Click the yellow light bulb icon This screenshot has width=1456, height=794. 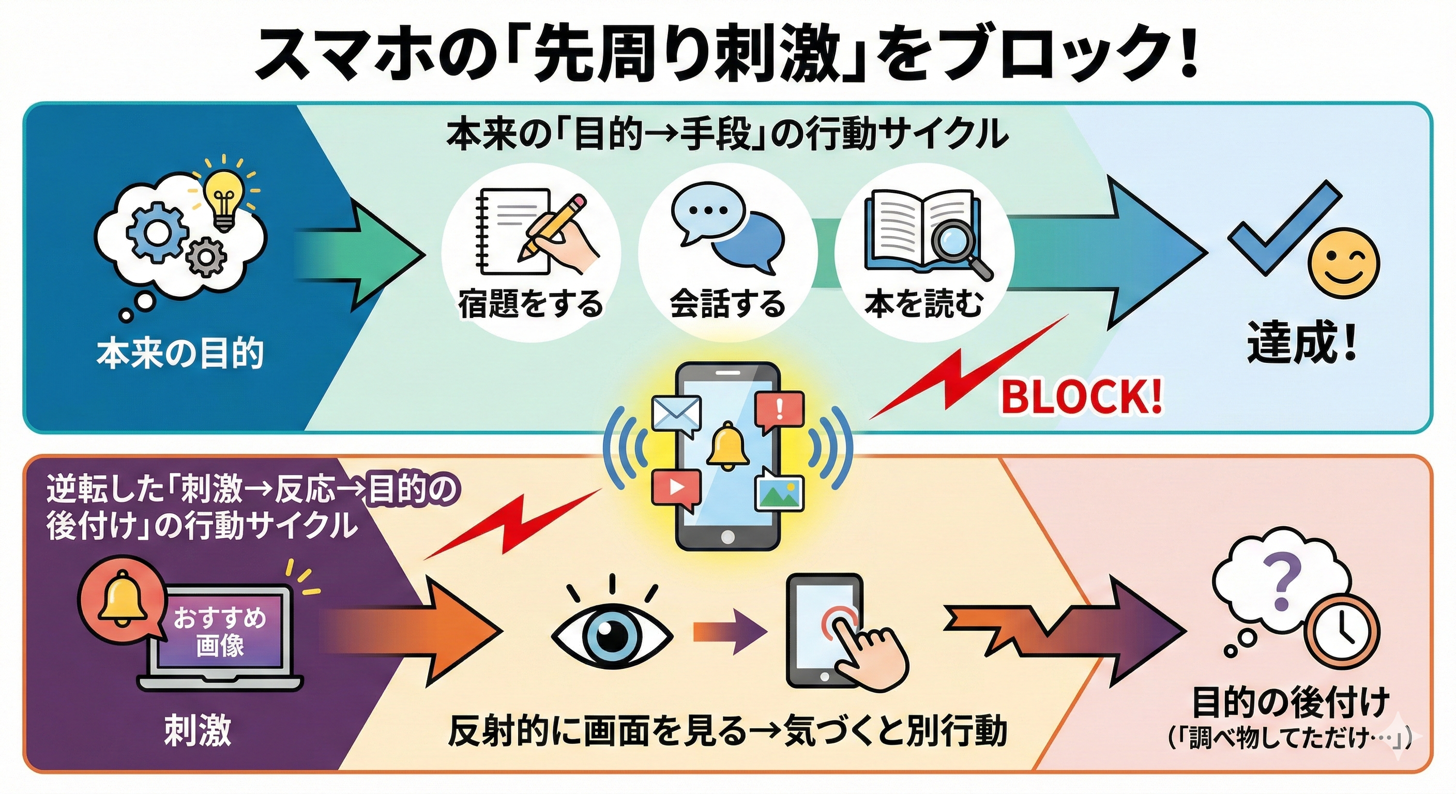225,197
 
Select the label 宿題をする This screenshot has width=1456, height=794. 530,304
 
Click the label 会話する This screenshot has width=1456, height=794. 727,304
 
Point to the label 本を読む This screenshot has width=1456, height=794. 923,304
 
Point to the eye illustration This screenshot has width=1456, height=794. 612,634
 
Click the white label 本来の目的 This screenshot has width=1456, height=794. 180,354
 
